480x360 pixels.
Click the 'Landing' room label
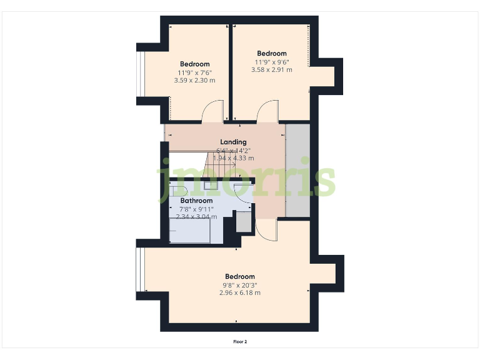pos(233,142)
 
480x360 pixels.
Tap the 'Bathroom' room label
pos(197,201)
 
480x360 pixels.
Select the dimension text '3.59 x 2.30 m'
pos(194,81)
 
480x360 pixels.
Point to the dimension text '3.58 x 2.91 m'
pos(271,70)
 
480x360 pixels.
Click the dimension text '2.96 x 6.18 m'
pos(239,292)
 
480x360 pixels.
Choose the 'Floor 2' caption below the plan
pos(240,342)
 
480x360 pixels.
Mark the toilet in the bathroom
pos(179,191)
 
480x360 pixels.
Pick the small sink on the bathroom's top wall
pos(208,184)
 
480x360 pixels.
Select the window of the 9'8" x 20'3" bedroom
pos(142,270)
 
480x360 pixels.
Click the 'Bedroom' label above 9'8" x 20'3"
pos(239,277)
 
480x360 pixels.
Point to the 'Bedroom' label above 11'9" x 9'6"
pos(271,54)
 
